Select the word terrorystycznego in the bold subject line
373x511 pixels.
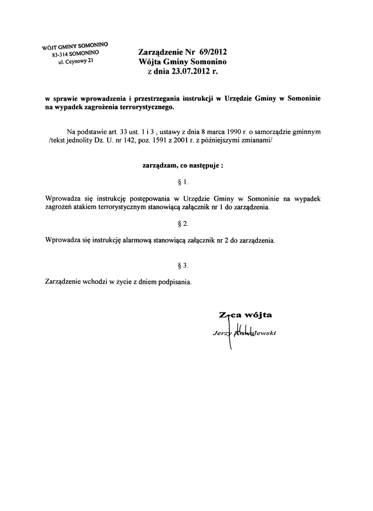148,107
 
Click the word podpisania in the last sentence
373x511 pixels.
175,281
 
